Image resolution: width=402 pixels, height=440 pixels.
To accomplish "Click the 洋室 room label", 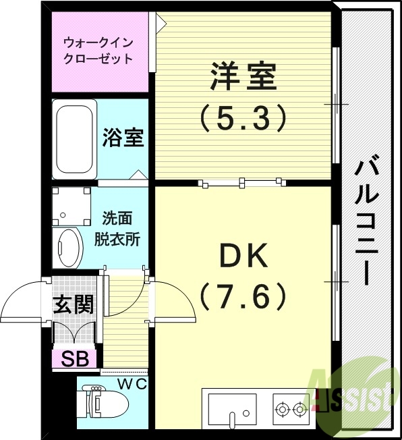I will [x=243, y=77].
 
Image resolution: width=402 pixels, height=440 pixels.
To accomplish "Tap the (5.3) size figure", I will [x=243, y=119].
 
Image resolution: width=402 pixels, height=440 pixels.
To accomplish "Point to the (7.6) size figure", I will [x=243, y=295].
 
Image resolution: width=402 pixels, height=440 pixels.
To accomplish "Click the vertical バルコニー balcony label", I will [x=367, y=220].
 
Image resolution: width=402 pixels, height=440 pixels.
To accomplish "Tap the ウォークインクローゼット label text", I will [x=98, y=51].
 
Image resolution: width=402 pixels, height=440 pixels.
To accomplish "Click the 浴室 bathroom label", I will [x=122, y=138].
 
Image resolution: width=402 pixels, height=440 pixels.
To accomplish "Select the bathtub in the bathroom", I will [x=75, y=138].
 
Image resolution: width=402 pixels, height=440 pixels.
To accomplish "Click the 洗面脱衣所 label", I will [x=121, y=229].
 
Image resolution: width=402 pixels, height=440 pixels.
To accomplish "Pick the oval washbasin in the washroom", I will [x=67, y=247].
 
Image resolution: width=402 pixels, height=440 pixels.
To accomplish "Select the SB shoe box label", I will [x=74, y=358].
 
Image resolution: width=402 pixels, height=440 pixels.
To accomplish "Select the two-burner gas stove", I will [x=291, y=408].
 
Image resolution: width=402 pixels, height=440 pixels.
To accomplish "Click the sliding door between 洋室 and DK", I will [x=241, y=182].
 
